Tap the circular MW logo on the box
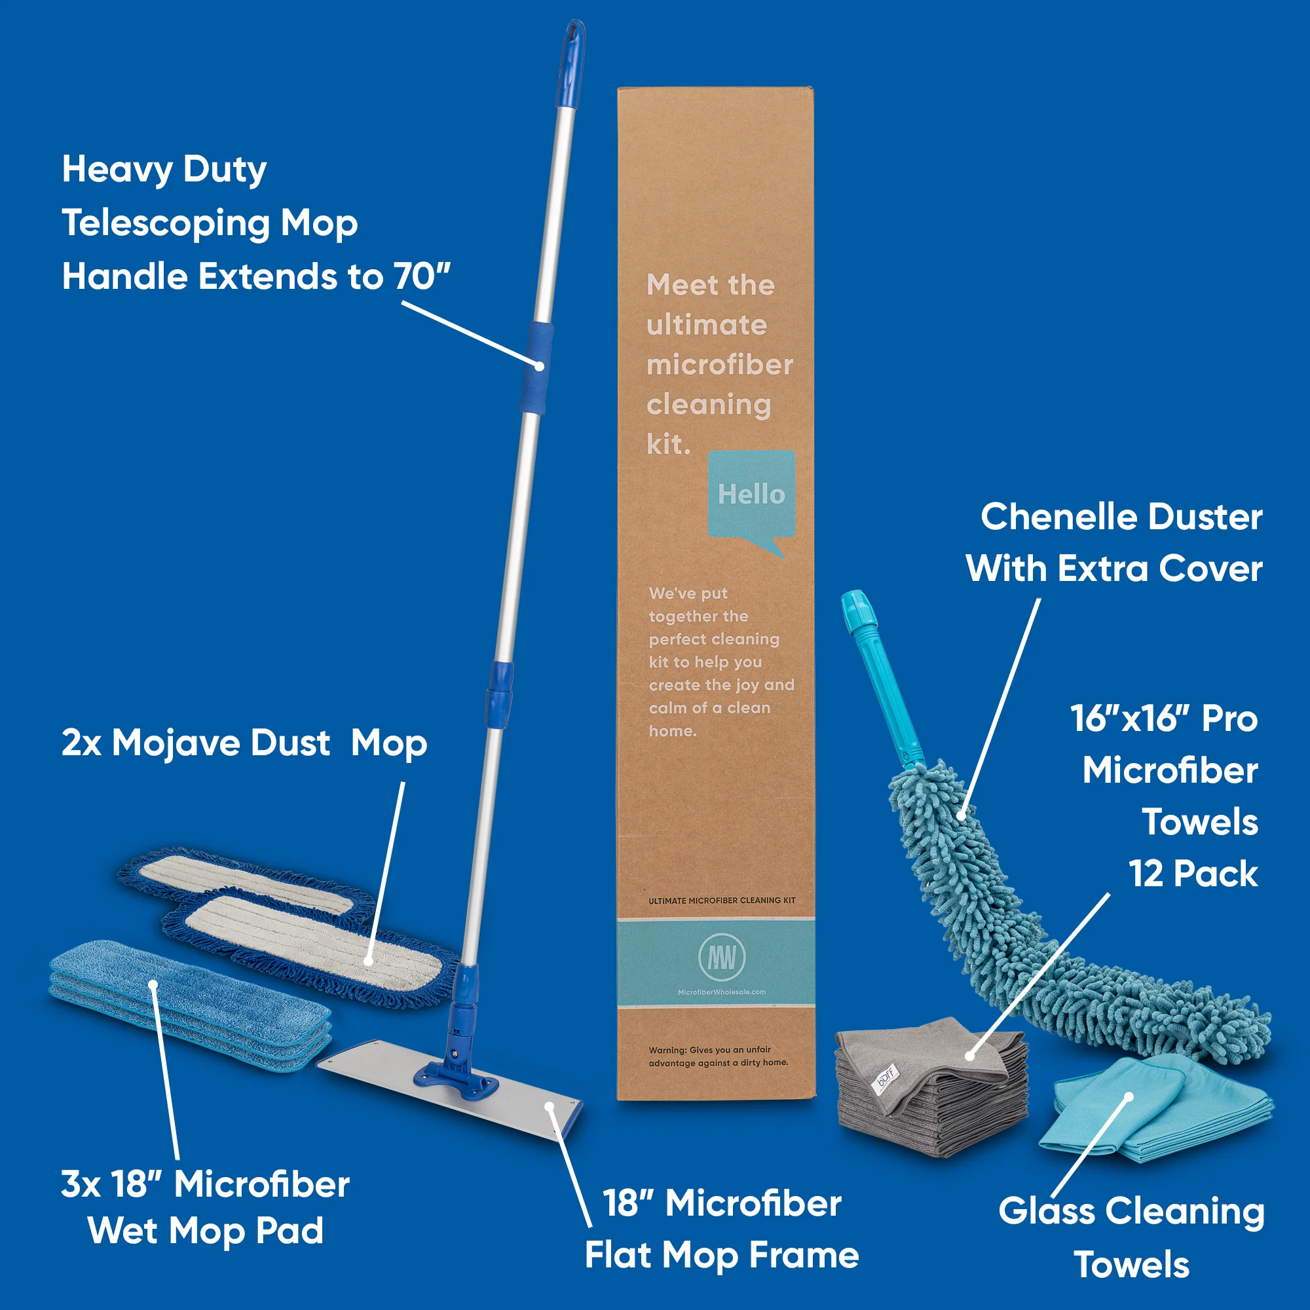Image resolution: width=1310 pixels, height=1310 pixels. (721, 958)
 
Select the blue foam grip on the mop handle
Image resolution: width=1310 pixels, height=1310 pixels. (536, 367)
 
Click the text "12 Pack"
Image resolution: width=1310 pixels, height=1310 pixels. (1193, 873)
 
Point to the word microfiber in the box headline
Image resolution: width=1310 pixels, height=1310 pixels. (719, 365)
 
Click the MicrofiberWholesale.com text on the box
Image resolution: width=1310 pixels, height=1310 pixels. (721, 992)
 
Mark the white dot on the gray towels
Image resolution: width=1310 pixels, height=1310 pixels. (970, 1057)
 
